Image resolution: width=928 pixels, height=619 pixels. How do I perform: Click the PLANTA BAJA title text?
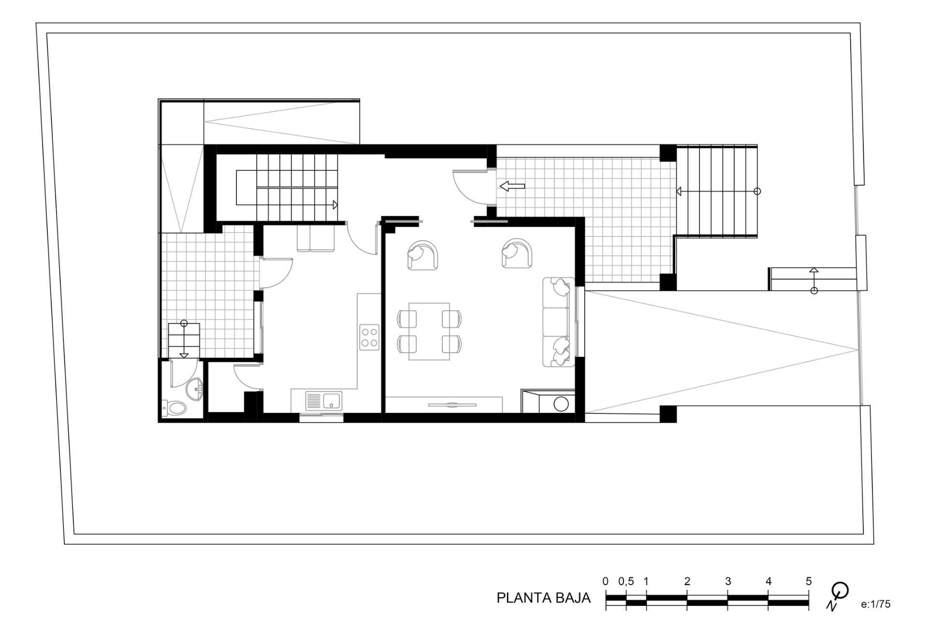[543, 598]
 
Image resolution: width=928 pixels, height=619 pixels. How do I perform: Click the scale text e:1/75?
[875, 604]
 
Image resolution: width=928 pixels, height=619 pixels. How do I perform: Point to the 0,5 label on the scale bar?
[625, 581]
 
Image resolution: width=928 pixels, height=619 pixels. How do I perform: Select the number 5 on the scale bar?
[809, 581]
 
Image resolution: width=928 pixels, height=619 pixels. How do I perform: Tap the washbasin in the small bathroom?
[196, 389]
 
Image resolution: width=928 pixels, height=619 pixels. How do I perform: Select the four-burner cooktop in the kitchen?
[369, 337]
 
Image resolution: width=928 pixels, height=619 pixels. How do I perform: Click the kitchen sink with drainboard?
[323, 401]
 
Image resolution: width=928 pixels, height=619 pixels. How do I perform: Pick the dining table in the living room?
[429, 331]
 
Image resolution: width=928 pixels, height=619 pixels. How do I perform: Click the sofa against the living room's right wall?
[559, 322]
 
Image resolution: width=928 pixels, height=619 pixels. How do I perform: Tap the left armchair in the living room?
[422, 255]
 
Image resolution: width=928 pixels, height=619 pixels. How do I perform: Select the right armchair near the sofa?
[517, 253]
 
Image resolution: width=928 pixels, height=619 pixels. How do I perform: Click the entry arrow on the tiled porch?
[512, 186]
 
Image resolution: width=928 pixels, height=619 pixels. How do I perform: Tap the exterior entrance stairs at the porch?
[717, 191]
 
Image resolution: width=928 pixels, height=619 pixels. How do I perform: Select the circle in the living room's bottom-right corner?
[561, 403]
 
